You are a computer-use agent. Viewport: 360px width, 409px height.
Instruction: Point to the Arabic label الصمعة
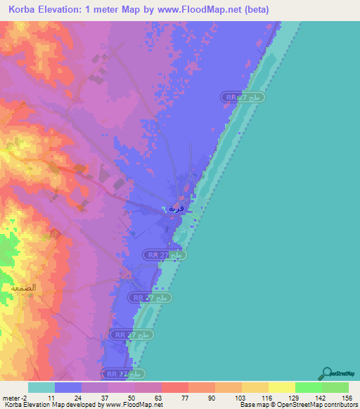(23, 289)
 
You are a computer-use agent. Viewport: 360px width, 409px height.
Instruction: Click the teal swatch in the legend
(41, 387)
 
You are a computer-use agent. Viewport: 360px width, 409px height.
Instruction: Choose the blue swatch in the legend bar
(68, 387)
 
